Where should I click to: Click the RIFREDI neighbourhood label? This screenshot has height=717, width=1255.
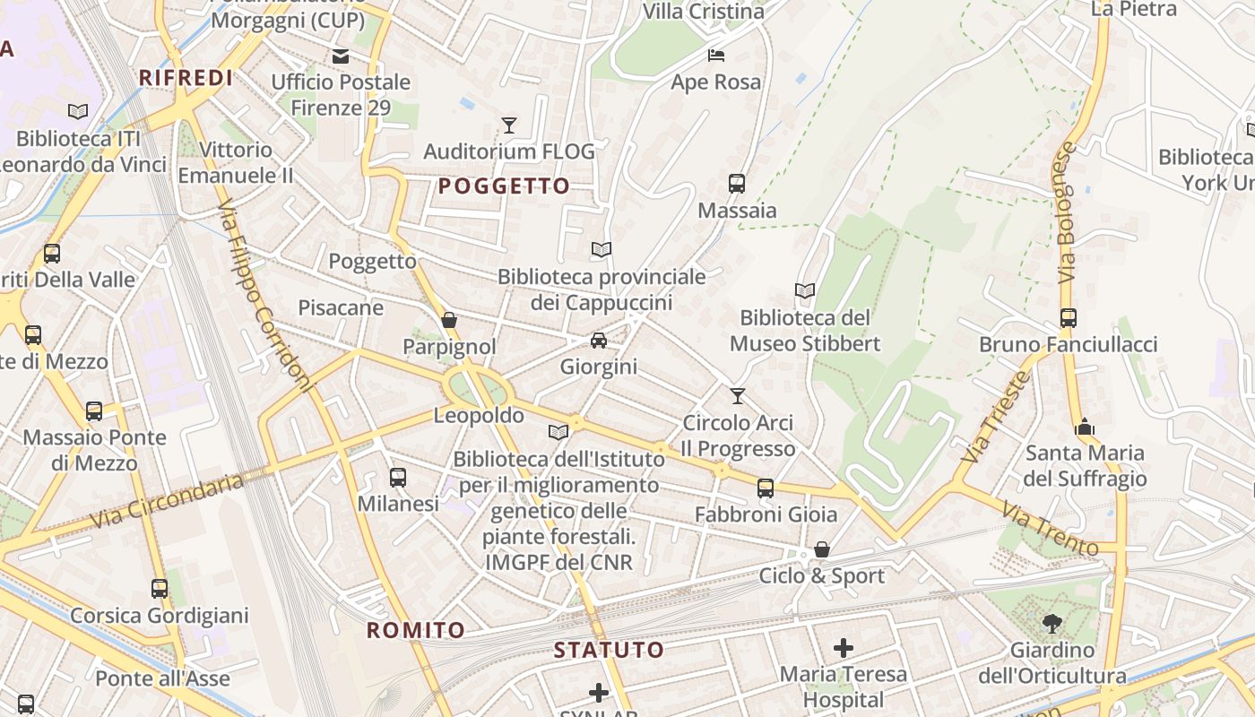pyautogui.click(x=186, y=78)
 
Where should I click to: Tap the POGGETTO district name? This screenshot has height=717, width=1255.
pyautogui.click(x=504, y=186)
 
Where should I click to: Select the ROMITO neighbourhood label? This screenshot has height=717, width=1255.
pyautogui.click(x=416, y=630)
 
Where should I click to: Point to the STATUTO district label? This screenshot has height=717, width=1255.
pyautogui.click(x=609, y=650)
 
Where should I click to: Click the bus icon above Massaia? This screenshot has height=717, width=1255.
pyautogui.click(x=737, y=184)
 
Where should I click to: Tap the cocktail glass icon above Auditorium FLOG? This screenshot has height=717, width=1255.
pyautogui.click(x=509, y=125)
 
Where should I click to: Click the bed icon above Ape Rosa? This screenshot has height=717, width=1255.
pyautogui.click(x=715, y=56)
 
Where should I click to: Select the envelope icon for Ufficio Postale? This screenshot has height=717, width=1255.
pyautogui.click(x=341, y=56)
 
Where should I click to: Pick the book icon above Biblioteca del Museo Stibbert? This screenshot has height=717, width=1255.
pyautogui.click(x=805, y=291)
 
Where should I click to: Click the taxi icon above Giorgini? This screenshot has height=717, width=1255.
pyautogui.click(x=599, y=341)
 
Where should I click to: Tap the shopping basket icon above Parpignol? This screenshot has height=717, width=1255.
pyautogui.click(x=449, y=320)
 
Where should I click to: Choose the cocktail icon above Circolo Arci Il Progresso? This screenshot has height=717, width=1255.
pyautogui.click(x=738, y=395)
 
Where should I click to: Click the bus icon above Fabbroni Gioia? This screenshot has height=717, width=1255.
pyautogui.click(x=766, y=488)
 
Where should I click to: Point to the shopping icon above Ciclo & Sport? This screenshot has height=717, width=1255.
pyautogui.click(x=822, y=549)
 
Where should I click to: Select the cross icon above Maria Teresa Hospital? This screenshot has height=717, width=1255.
pyautogui.click(x=844, y=647)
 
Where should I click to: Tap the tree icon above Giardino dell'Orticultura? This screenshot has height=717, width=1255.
pyautogui.click(x=1052, y=623)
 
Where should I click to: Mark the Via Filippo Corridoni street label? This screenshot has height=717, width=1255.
pyautogui.click(x=266, y=295)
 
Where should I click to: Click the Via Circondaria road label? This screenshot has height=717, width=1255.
pyautogui.click(x=167, y=501)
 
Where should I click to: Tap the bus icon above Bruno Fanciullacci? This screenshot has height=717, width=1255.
pyautogui.click(x=1068, y=318)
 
